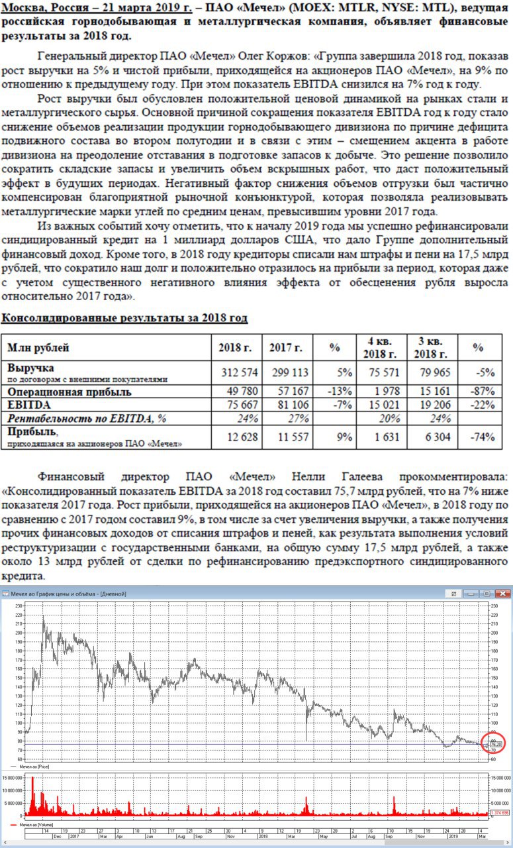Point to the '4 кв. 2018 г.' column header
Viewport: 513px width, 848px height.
(379, 347)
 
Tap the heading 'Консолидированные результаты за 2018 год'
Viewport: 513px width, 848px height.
(124, 318)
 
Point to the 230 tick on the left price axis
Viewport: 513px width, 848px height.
(18, 606)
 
